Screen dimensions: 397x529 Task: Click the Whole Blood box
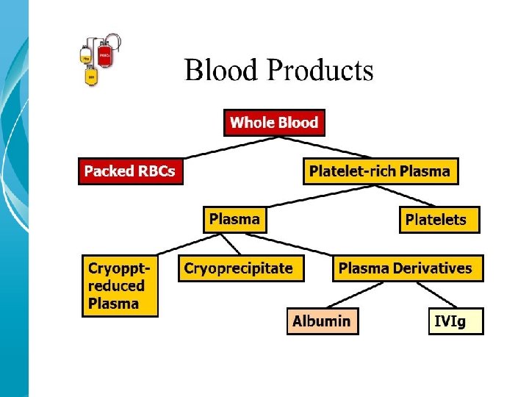tap(274, 123)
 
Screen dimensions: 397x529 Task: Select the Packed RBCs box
tap(130, 171)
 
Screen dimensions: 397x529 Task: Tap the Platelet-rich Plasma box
tap(380, 171)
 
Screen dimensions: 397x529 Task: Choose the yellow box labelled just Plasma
tap(234, 219)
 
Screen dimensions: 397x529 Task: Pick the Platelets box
tap(439, 220)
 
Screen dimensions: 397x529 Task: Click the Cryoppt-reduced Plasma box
tap(119, 285)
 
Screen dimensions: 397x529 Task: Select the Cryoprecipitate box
tap(238, 268)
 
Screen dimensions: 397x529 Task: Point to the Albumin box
tap(322, 321)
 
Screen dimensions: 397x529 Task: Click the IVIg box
tap(456, 321)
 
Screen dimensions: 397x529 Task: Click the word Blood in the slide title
tap(223, 71)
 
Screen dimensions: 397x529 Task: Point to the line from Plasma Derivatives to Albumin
tap(351, 295)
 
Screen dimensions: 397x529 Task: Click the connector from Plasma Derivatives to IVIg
tap(430, 295)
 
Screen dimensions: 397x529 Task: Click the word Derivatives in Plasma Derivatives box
tap(435, 268)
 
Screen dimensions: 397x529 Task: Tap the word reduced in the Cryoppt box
tap(116, 286)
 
